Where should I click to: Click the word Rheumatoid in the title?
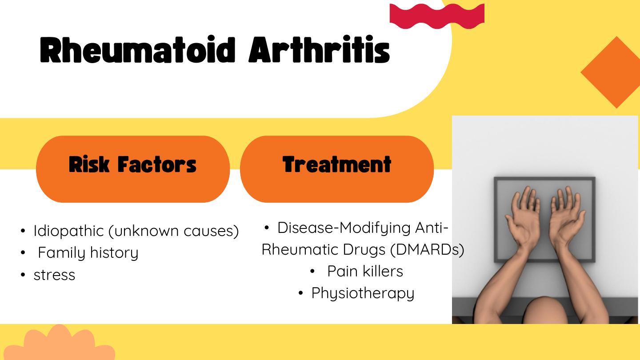coord(137,49)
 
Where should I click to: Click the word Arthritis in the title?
coord(319,49)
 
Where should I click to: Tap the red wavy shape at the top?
coord(437,16)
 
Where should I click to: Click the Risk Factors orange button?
coord(133,169)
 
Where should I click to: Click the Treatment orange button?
coord(337,169)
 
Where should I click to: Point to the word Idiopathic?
coord(68,231)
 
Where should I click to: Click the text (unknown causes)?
coord(174,231)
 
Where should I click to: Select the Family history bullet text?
coord(88,253)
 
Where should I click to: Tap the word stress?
coord(54,275)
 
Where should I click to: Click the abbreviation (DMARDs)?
coord(427,249)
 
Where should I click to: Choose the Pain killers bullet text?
coord(365,271)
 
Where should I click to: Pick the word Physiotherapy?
coord(363,293)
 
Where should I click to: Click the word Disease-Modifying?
coord(344,228)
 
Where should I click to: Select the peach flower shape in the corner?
coord(59,342)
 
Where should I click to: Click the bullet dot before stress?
coord(23,275)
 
